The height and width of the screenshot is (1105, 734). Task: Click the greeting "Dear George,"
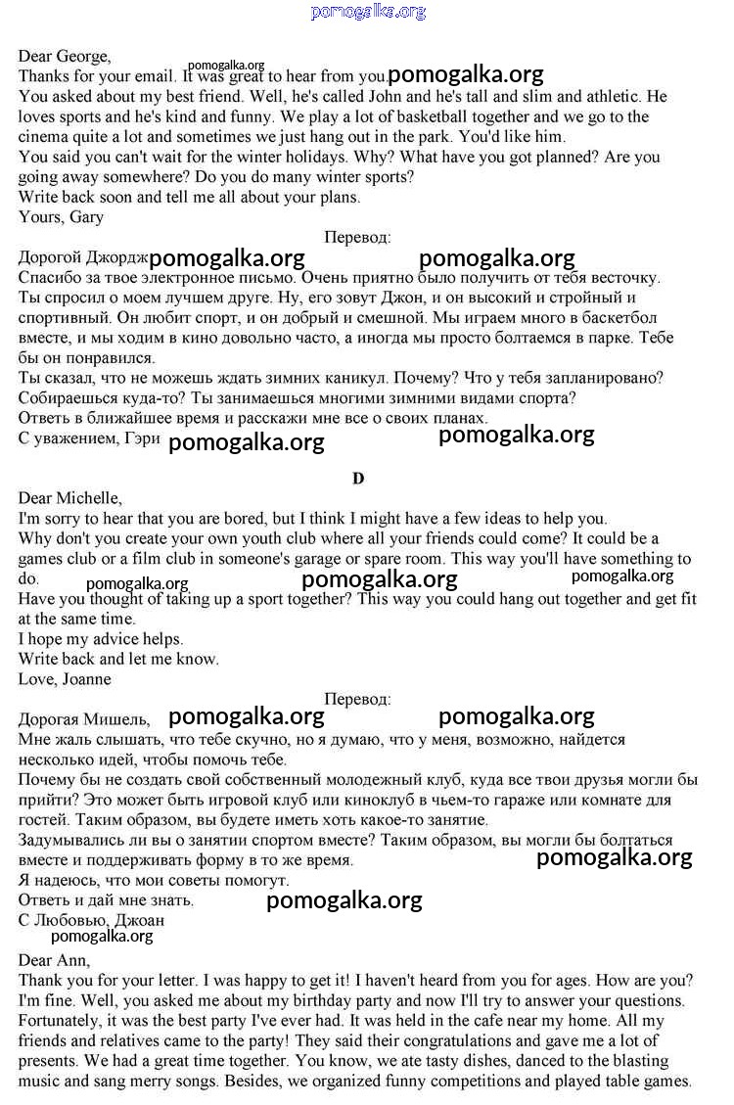coord(65,56)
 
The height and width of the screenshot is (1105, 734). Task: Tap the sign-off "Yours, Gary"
coord(61,217)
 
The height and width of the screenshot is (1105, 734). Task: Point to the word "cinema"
coord(43,137)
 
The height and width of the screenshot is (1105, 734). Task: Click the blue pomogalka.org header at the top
coord(368,12)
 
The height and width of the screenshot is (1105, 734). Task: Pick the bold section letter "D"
coord(358,479)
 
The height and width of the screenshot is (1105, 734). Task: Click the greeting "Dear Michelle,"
coord(70,498)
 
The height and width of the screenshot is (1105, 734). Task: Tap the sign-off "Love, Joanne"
coord(65,679)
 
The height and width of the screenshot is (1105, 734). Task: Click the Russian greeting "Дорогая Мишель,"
coord(84,719)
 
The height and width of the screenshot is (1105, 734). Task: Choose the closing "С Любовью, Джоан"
coord(91,920)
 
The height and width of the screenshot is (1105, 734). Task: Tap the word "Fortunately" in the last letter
coord(61,1020)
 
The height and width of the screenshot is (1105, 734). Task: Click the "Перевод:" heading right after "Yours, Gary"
coord(357,237)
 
